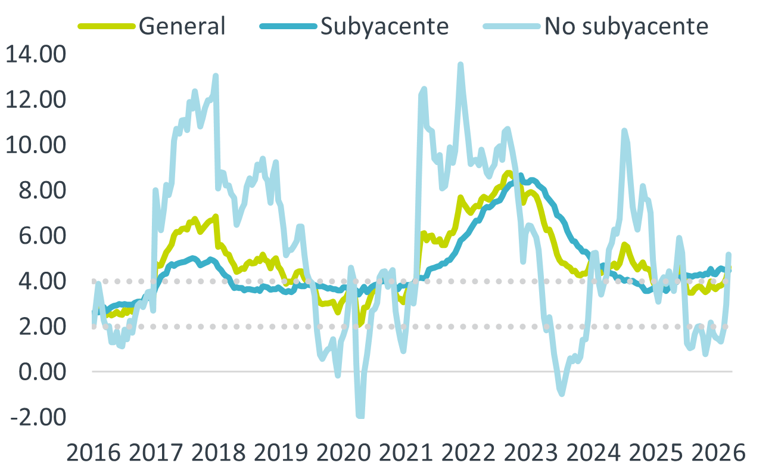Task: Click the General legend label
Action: (182, 26)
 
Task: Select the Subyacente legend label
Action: (384, 26)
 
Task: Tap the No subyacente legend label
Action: (626, 26)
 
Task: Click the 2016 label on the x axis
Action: (94, 453)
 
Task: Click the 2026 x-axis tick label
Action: (717, 453)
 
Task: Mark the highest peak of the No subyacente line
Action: (460, 64)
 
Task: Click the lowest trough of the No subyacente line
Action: (360, 415)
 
